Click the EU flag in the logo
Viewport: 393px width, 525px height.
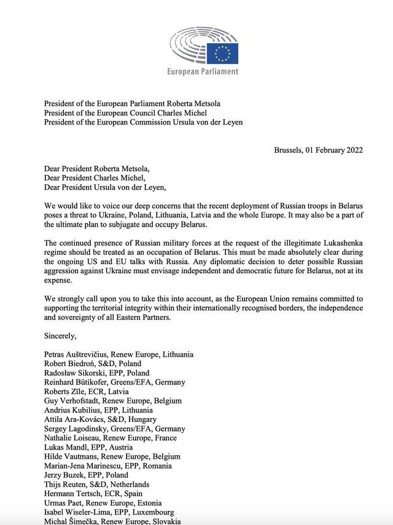coord(222,53)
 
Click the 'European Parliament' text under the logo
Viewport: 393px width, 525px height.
coord(203,72)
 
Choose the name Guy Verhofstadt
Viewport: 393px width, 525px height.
coord(74,400)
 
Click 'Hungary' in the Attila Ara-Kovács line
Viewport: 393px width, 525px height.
coord(147,419)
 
